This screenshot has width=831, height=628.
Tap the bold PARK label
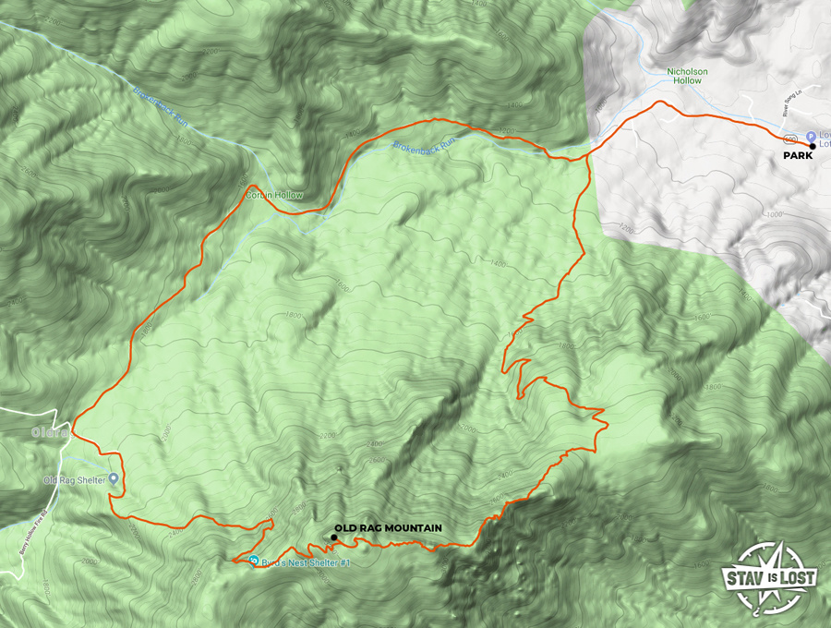[x=798, y=156]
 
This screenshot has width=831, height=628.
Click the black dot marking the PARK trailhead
[x=813, y=146]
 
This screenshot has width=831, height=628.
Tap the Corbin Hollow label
[x=273, y=195]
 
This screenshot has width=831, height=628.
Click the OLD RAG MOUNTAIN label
[x=388, y=528]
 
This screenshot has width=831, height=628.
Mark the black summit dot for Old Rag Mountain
[x=333, y=537]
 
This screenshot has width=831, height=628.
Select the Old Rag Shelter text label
[x=74, y=479]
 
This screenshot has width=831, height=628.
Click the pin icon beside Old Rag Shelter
[x=114, y=478]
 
